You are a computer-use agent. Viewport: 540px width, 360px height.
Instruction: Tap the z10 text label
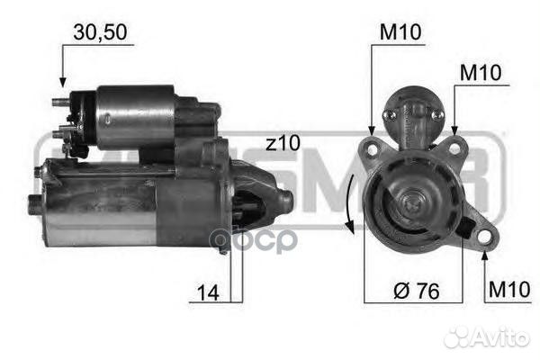(283, 143)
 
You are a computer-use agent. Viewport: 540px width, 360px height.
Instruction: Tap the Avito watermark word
(499, 337)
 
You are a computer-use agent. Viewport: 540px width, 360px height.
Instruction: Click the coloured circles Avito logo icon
(459, 337)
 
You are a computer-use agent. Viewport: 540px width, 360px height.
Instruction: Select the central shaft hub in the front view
(413, 202)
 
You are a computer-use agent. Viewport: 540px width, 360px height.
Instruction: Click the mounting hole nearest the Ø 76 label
(484, 236)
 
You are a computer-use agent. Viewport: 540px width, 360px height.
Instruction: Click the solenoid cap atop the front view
(413, 115)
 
